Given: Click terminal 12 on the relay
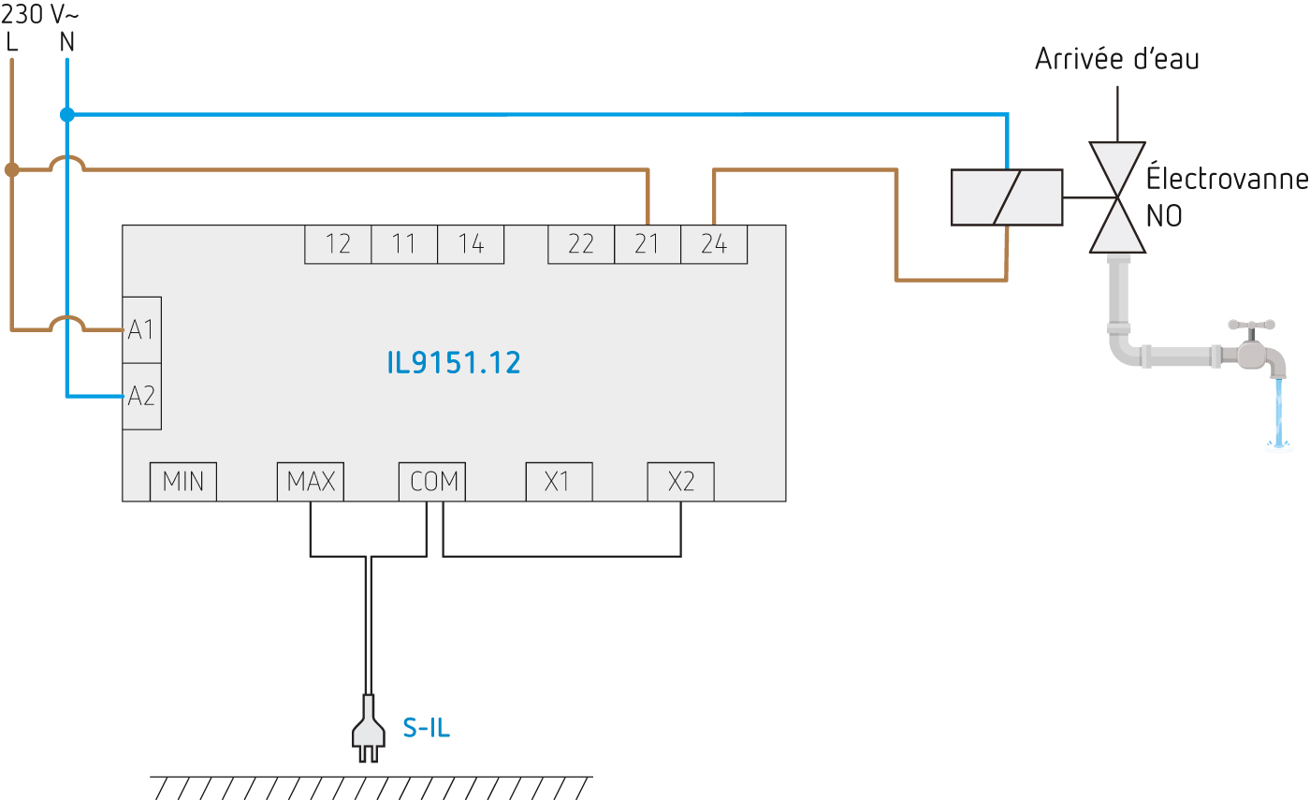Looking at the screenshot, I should [x=338, y=244].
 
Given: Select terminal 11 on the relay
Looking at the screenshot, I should [x=403, y=244].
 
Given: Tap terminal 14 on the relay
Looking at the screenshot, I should [x=471, y=244].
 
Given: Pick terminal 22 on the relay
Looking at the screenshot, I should [x=581, y=244].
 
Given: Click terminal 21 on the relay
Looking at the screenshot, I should [x=647, y=244].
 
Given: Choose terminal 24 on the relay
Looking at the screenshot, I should [x=713, y=244].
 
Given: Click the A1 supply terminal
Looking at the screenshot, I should [x=141, y=329].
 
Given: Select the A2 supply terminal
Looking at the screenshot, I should [x=141, y=396].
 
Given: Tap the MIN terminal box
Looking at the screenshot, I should [x=183, y=482].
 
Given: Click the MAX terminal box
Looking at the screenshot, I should [x=311, y=482].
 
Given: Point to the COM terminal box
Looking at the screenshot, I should [x=433, y=482].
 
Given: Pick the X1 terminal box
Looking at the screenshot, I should [x=558, y=482].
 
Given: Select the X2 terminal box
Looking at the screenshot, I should [x=680, y=482].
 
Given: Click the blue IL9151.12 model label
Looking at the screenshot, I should [x=454, y=363].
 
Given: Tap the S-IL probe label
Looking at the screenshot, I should [x=427, y=728].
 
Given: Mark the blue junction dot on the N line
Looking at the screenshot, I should [x=66, y=115].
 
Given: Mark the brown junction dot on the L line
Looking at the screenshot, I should [x=11, y=170].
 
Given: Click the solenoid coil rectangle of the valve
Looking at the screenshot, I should [x=1007, y=197].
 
